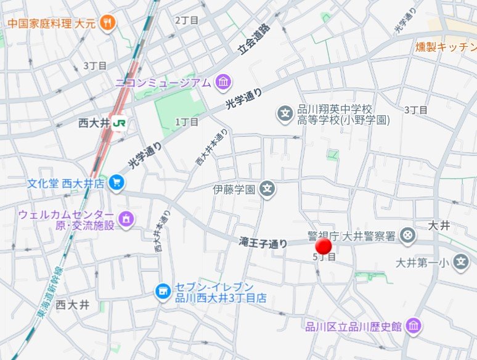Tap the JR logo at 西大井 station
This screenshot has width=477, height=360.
(x=120, y=123)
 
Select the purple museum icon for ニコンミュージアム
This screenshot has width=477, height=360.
(x=223, y=82)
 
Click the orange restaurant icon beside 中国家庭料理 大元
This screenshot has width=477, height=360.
(x=108, y=23)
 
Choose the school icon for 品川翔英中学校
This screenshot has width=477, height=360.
(x=285, y=113)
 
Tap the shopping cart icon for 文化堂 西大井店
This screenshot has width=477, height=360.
(x=116, y=183)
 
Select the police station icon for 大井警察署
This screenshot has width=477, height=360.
(x=407, y=235)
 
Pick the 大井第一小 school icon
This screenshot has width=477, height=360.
(x=460, y=263)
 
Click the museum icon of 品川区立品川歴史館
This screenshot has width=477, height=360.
(x=414, y=326)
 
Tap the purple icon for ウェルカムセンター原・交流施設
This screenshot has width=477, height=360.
(x=126, y=219)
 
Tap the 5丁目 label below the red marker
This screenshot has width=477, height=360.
(x=324, y=257)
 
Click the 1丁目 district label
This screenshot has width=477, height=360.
(x=187, y=122)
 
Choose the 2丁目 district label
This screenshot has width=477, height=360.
(x=187, y=20)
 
